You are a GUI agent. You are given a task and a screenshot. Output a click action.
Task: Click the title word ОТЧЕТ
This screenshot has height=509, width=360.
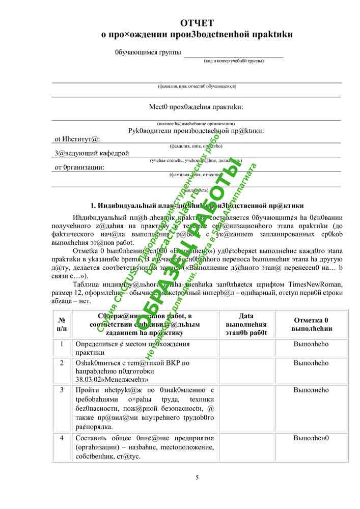pos(197,23)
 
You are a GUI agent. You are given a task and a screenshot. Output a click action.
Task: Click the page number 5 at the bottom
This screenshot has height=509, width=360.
pos(197,477)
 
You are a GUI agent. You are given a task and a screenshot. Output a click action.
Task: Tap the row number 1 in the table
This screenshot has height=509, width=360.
pos(62,344)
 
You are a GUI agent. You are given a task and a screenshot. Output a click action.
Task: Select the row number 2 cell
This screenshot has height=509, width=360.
pos(62,363)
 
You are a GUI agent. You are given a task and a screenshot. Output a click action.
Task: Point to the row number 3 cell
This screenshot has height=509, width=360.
pos(62,390)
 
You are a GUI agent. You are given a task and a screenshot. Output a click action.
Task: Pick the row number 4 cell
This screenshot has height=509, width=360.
pos(62,438)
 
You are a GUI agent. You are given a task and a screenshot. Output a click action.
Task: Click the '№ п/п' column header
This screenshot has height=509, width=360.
pos(62,324)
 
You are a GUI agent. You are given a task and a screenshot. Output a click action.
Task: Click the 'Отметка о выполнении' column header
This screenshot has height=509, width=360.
pos(311,324)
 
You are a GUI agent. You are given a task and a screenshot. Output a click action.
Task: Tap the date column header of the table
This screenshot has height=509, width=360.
pos(246,324)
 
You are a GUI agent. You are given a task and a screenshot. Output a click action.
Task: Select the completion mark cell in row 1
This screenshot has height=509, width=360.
pos(311,344)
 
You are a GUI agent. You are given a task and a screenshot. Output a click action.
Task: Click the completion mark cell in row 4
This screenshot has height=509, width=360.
pos(311,438)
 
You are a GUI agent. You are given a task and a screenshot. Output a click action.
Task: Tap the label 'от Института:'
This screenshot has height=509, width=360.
pos(77,139)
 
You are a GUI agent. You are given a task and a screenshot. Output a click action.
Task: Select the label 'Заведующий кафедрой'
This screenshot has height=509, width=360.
pos(92,153)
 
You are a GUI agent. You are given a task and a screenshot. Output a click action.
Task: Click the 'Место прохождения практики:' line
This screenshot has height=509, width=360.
pos(196,107)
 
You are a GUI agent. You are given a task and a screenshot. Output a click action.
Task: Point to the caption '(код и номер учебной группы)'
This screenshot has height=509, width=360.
pos(234,61)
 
